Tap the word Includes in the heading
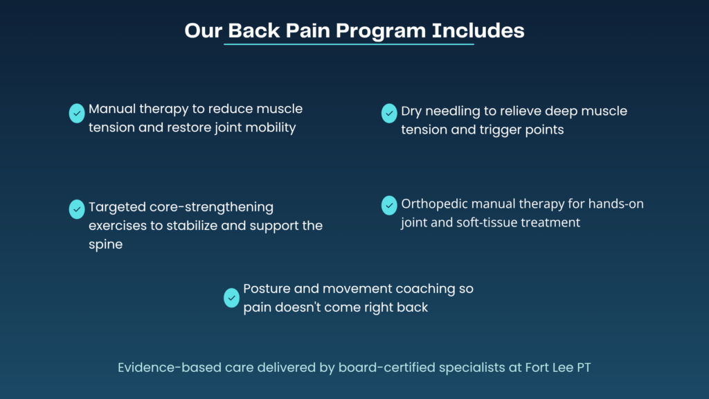(478, 30)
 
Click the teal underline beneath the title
(349, 44)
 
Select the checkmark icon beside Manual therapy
(77, 113)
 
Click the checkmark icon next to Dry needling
(389, 113)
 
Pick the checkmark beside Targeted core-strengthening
(77, 209)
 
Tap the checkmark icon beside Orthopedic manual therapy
(389, 205)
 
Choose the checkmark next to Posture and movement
(231, 298)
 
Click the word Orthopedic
(435, 204)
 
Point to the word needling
(453, 112)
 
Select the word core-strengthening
(211, 208)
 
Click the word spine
(106, 245)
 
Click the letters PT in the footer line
(584, 368)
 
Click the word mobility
(271, 128)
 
